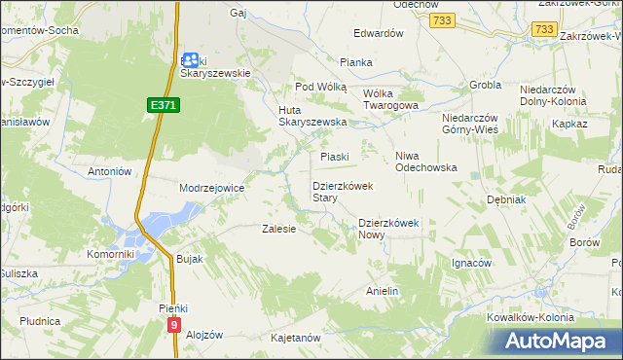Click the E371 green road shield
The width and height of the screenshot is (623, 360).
point(165,104)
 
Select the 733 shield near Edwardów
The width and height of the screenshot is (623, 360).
point(443,20)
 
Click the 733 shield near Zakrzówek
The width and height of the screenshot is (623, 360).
point(544,31)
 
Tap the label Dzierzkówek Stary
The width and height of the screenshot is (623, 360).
point(338,191)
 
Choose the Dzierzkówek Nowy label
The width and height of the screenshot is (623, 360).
point(387,228)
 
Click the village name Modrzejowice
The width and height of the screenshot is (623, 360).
point(211,188)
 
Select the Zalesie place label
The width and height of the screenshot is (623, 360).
point(279,229)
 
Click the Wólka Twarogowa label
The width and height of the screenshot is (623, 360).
point(389,99)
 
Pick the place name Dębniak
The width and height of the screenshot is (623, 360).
point(506,199)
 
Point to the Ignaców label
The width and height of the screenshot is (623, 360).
point(471,263)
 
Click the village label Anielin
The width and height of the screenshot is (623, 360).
point(383,291)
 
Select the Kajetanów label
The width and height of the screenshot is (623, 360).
point(296,338)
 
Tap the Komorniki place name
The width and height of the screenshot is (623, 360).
point(109,254)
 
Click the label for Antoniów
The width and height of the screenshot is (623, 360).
point(110,171)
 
